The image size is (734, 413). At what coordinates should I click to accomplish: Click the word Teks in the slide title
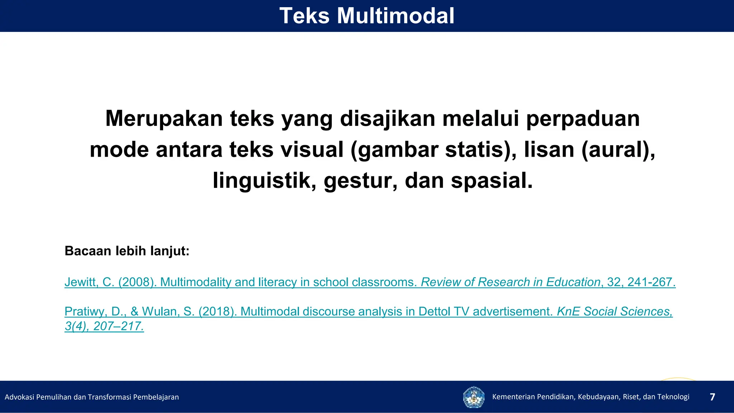[304, 16]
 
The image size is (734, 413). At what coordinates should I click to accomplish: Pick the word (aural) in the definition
[618, 149]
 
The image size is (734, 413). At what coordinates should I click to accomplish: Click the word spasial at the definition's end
[492, 180]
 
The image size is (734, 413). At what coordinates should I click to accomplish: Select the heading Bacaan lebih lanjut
[127, 251]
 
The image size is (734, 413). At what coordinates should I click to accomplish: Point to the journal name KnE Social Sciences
[614, 312]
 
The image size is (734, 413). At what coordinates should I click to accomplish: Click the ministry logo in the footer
[473, 397]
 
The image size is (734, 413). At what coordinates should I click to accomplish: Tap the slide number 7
[712, 397]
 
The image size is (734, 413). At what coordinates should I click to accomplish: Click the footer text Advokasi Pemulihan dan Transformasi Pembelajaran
[92, 397]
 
